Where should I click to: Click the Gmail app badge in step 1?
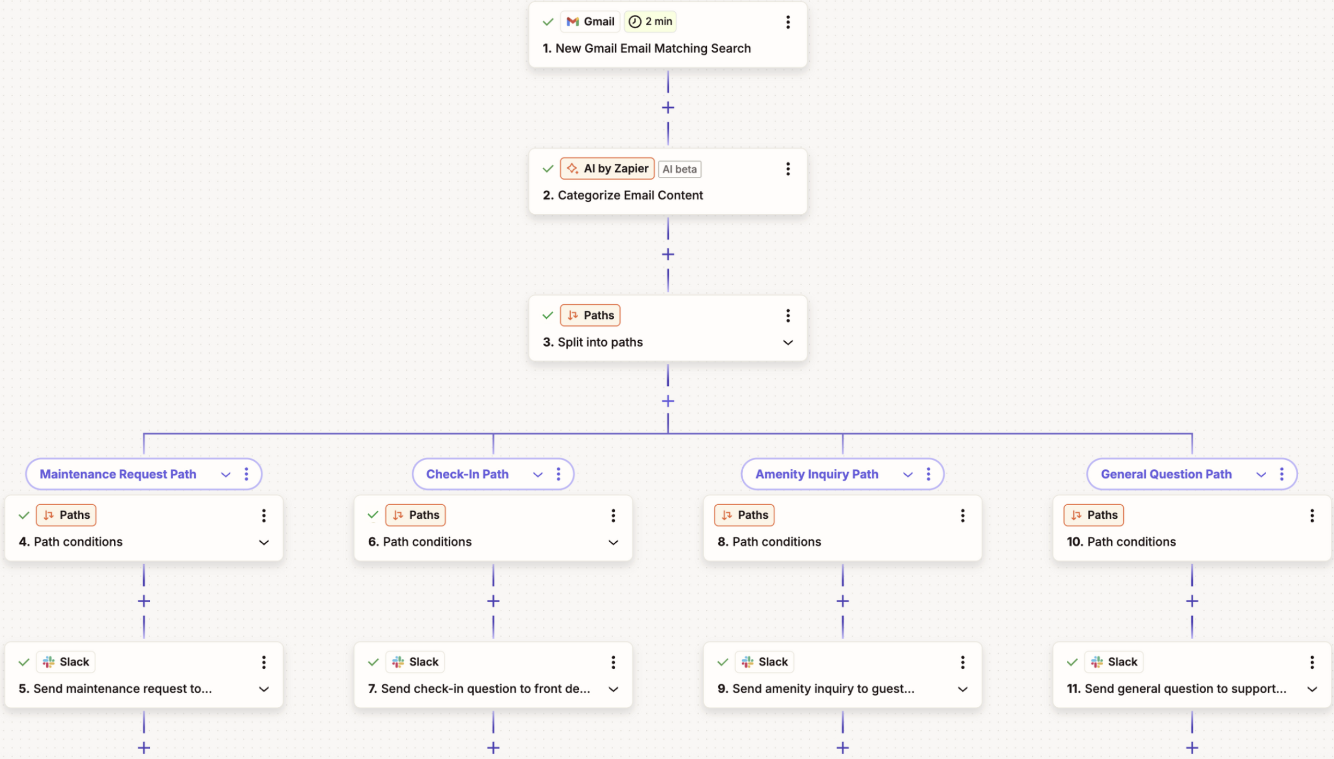[x=590, y=22]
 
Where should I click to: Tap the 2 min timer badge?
[x=651, y=22]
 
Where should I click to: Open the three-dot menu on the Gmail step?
[x=788, y=22]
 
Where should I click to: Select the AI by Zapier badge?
[x=607, y=169]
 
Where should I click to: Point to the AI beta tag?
[x=679, y=169]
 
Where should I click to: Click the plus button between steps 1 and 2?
[x=668, y=108]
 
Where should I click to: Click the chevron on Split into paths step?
[x=788, y=342]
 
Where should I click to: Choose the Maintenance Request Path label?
[x=118, y=474]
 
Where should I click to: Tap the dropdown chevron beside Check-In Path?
[x=537, y=475]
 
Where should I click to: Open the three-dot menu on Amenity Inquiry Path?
[x=928, y=474]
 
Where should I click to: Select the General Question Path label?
[x=1166, y=474]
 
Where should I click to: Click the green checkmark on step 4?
[x=24, y=515]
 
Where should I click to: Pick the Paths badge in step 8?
[x=745, y=515]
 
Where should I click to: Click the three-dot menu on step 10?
[x=1312, y=516]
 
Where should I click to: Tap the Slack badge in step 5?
[x=66, y=662]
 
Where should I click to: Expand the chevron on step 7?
[x=613, y=689]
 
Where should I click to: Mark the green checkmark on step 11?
[x=1072, y=662]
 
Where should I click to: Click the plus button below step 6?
[x=493, y=601]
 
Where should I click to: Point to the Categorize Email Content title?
[x=630, y=195]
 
